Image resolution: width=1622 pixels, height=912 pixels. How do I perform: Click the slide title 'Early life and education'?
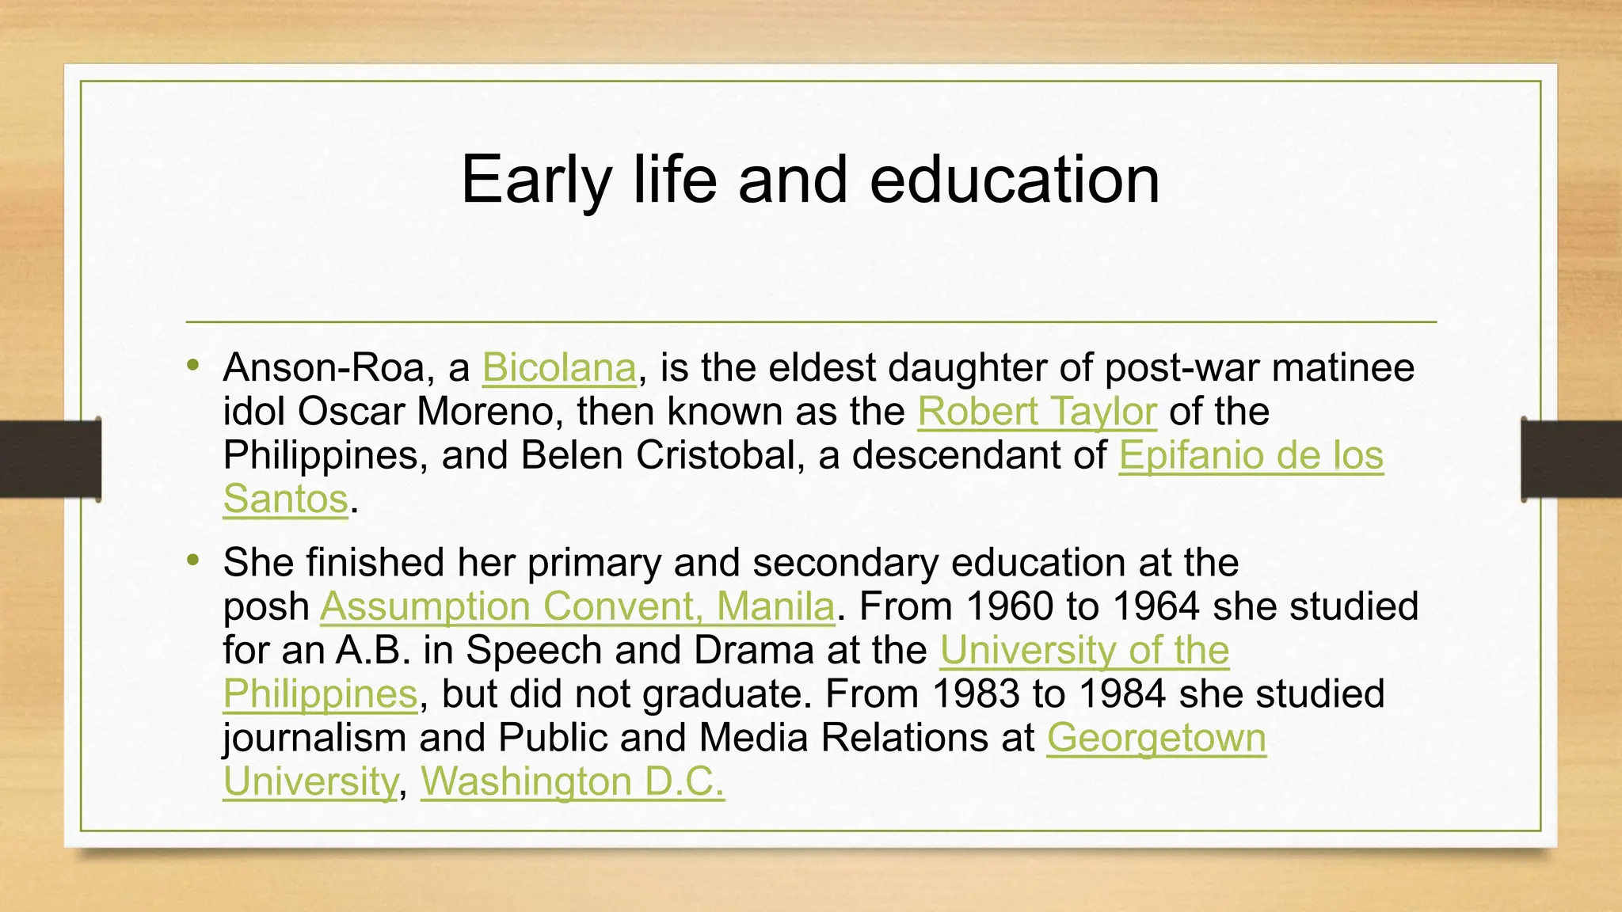coord(810,180)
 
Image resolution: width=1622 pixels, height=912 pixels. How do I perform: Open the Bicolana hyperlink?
coord(559,368)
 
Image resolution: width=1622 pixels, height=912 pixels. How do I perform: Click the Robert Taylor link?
coord(1037,412)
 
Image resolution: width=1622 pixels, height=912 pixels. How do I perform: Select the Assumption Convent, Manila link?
coord(577,607)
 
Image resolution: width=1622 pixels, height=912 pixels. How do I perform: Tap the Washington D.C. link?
coord(572,782)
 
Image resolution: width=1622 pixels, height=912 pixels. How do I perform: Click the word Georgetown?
coord(1156,739)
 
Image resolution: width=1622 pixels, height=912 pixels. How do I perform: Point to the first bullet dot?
coord(193,366)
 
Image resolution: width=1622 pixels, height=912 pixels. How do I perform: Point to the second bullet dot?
coord(193,560)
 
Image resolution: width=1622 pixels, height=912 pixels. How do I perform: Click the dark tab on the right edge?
coord(1571,459)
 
